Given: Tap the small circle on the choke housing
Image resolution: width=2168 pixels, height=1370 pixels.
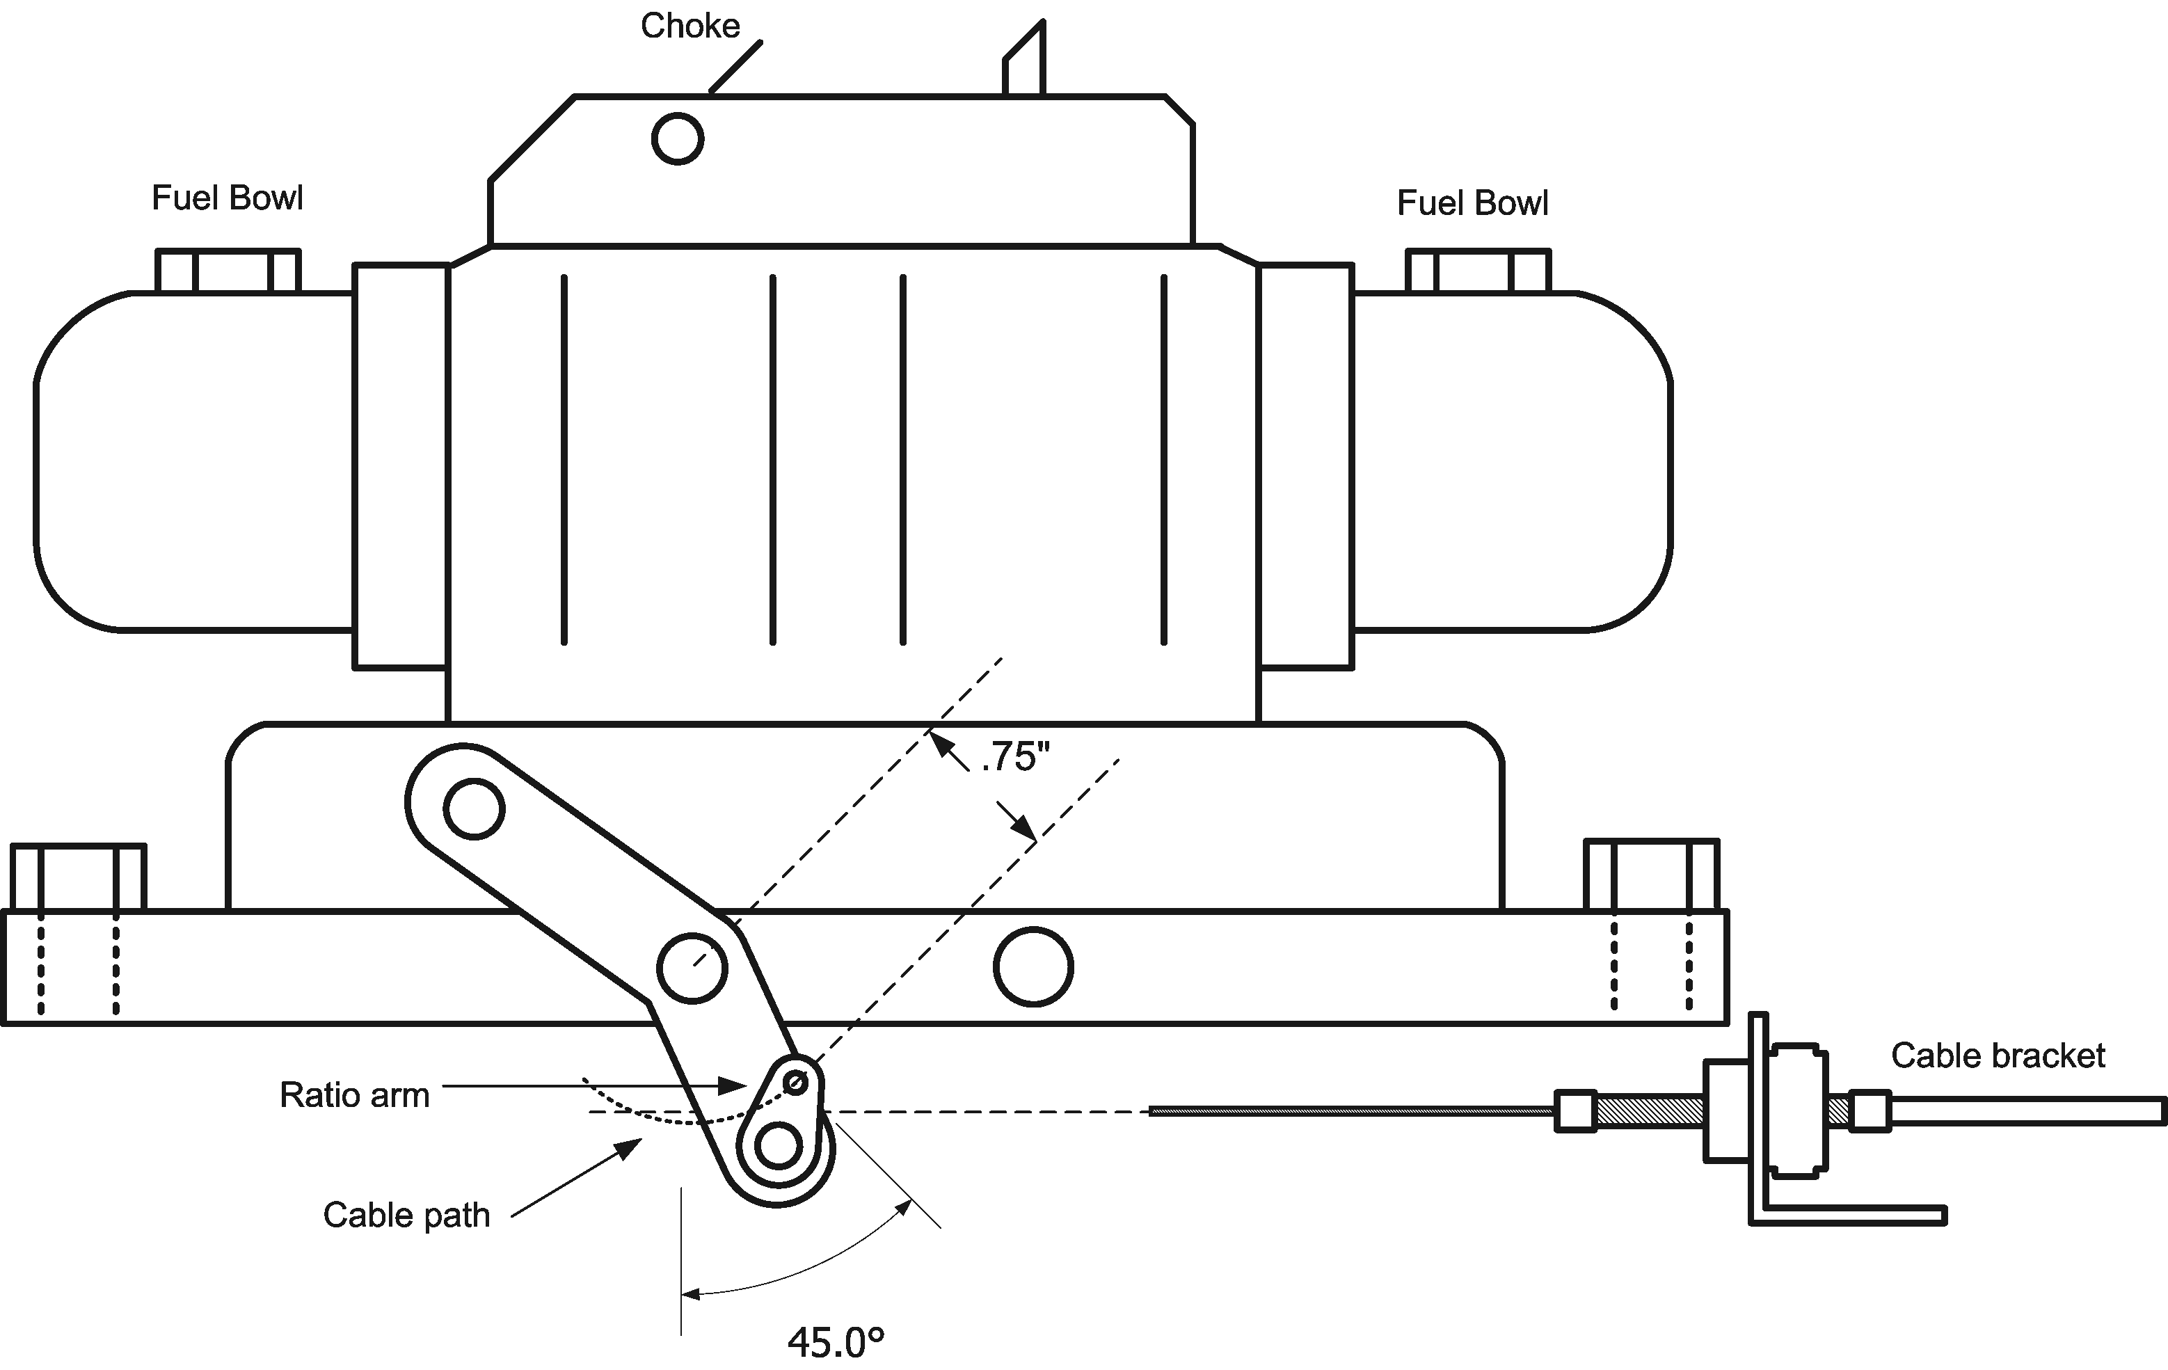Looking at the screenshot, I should click(x=677, y=138).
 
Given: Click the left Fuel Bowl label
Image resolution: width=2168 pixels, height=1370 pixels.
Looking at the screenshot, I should click(x=227, y=198).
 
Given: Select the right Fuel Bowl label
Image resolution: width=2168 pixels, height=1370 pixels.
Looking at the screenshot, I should click(x=1472, y=203).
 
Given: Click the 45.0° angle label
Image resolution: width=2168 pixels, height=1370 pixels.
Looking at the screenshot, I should click(x=836, y=1342).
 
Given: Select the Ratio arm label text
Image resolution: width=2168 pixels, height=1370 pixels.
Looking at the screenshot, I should click(x=354, y=1095).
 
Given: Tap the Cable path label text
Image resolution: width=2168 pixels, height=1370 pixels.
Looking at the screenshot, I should click(x=406, y=1215).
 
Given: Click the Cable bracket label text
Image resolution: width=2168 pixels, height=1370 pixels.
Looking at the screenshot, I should click(x=1997, y=1056).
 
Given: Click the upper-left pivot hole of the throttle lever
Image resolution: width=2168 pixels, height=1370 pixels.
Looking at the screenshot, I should click(x=475, y=809).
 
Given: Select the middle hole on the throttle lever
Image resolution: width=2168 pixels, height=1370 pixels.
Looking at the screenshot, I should click(x=692, y=969).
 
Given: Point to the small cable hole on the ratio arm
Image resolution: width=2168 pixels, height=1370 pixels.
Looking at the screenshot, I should click(x=795, y=1081).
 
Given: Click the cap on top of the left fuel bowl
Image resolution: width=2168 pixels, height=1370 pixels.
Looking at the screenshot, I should click(x=228, y=271).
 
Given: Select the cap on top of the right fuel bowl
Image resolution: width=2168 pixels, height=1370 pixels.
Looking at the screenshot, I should click(x=1477, y=271).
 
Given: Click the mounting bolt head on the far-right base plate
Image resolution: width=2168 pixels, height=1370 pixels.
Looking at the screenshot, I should click(x=1651, y=875).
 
